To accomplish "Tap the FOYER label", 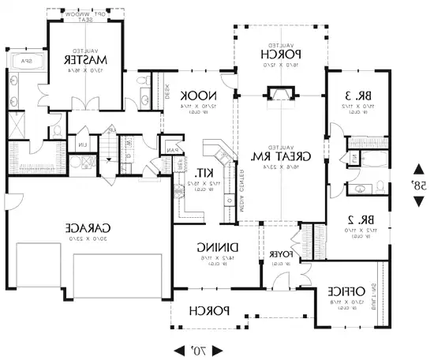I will tap(282, 254).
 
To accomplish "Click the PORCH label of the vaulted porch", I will tap(281, 54).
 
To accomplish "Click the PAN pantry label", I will tap(171, 149).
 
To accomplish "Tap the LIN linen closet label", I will tap(83, 144).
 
